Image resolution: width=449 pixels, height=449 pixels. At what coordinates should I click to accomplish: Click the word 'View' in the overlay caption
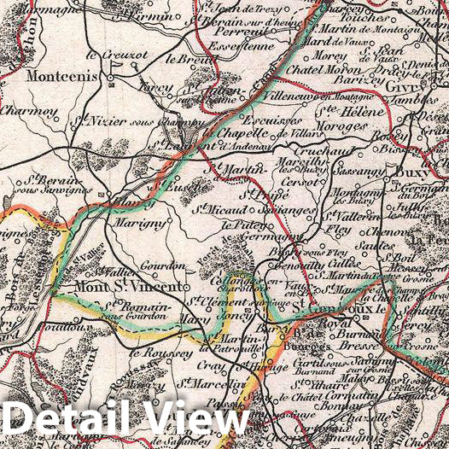tap(194, 422)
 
